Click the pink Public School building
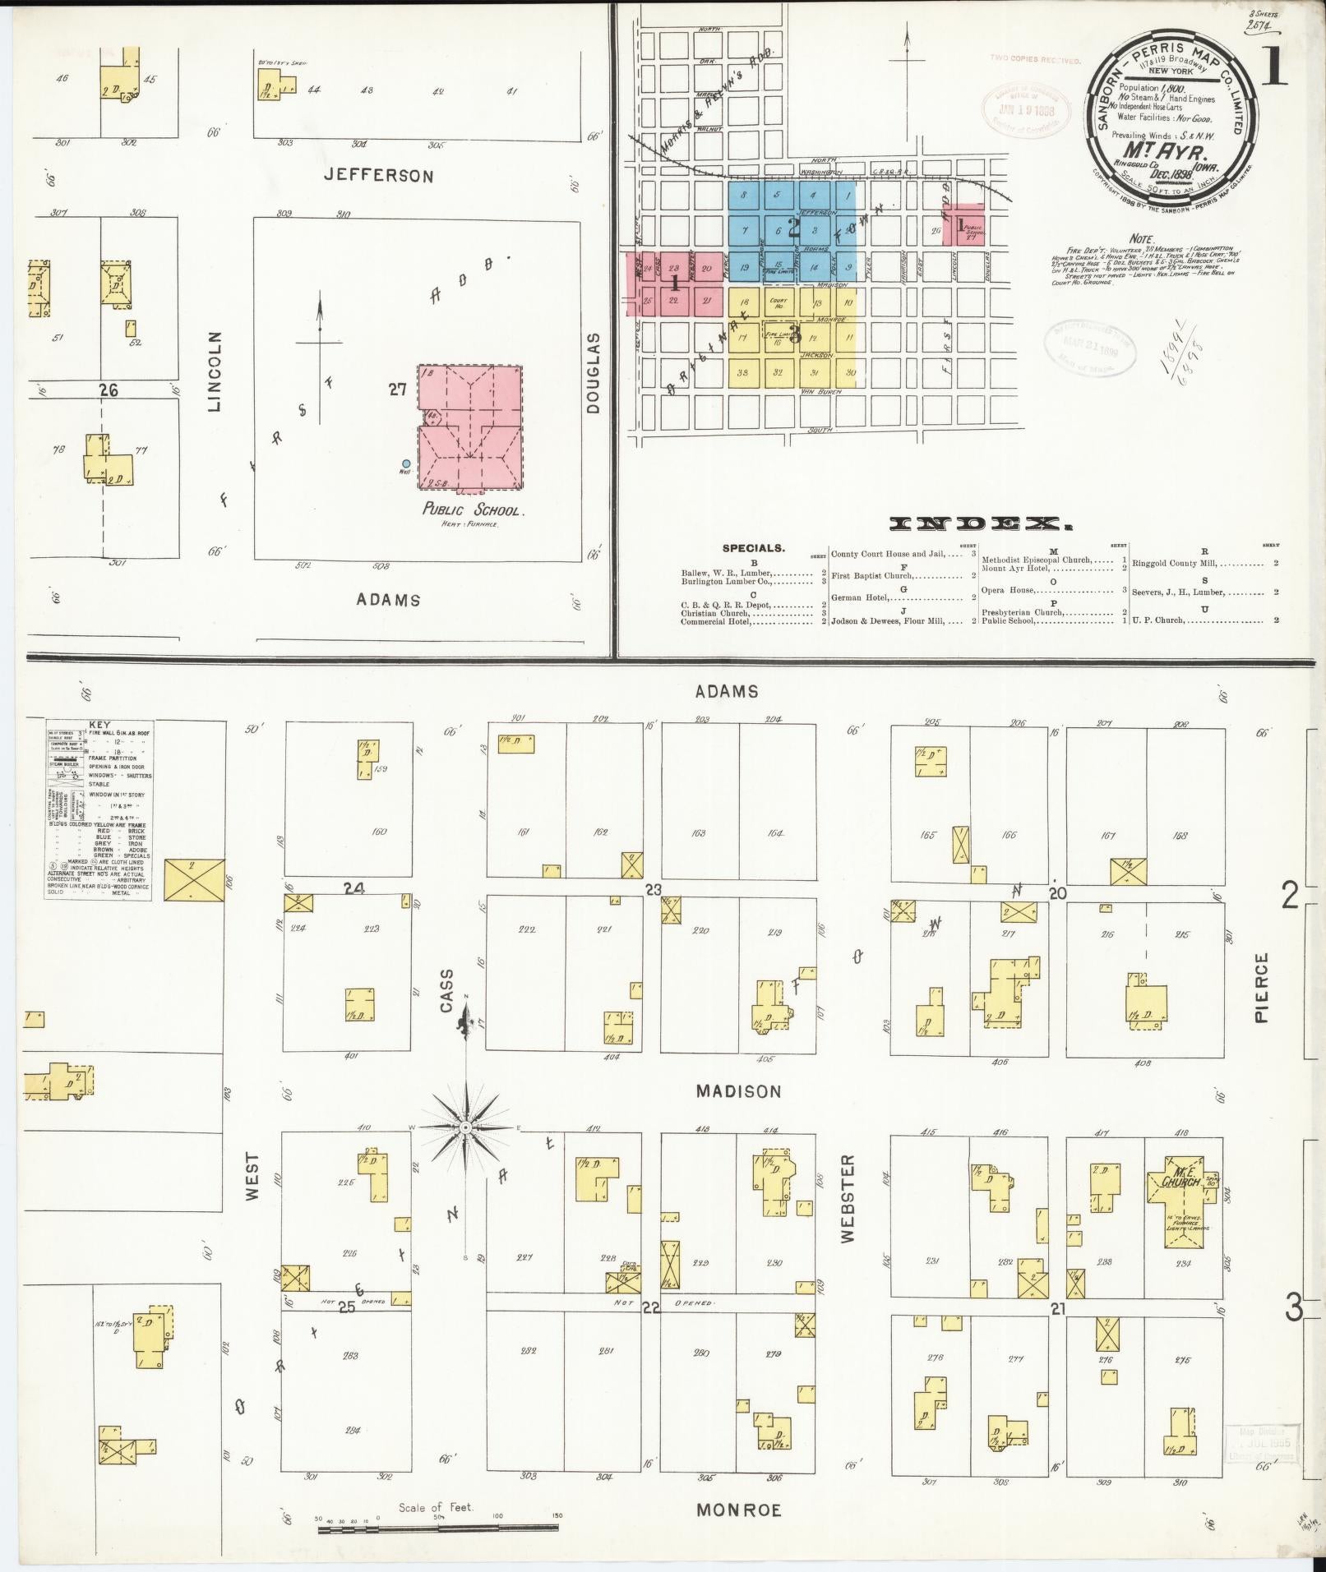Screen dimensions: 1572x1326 (470, 427)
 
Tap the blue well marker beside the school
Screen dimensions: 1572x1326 (406, 464)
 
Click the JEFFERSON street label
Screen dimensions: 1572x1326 (390, 175)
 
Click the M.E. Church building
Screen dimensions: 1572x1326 (1181, 1183)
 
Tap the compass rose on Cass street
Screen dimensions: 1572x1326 (465, 1127)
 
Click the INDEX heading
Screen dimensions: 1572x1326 (982, 523)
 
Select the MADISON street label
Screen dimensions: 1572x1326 (738, 1090)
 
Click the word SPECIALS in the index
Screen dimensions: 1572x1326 (753, 547)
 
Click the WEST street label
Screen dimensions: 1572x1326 (252, 1176)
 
